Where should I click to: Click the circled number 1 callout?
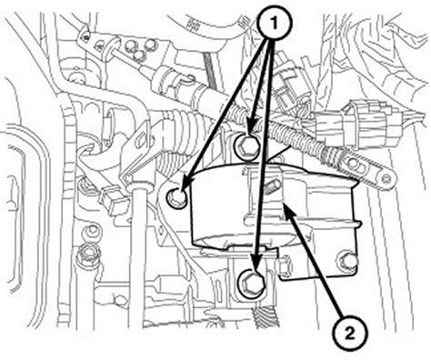pos(275,23)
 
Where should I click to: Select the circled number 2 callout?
pos(349,334)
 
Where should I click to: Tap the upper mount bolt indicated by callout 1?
pos(247,146)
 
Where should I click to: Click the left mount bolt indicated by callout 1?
pos(177,197)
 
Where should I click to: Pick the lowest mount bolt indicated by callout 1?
pos(252,284)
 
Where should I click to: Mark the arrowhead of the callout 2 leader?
pos(287,210)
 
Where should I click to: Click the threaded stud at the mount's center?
pos(273,187)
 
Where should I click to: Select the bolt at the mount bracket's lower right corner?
pos(346,260)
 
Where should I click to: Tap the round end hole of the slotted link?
pos(386,178)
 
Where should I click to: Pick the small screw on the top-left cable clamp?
pos(87,37)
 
